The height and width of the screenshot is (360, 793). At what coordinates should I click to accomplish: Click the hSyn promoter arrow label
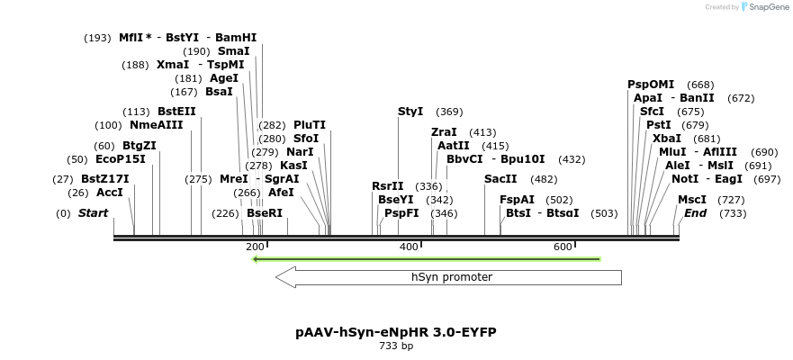[451, 277]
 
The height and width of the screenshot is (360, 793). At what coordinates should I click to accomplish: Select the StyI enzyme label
[410, 112]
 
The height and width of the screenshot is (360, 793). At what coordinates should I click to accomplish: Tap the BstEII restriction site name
[176, 112]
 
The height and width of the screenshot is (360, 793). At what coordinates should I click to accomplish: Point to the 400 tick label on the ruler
[409, 247]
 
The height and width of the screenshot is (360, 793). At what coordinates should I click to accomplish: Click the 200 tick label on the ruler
[255, 247]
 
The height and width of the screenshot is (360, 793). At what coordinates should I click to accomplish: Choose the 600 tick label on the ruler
[563, 247]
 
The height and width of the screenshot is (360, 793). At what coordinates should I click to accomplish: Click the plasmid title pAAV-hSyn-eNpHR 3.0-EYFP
[395, 332]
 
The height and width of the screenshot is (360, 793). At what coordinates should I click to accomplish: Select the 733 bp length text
[396, 346]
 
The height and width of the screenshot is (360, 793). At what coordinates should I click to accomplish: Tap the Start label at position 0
[93, 213]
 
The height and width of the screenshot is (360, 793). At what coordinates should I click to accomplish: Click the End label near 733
[695, 213]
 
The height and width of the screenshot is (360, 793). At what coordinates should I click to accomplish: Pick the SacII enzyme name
[500, 179]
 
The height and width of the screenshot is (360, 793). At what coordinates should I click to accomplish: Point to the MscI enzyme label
[692, 200]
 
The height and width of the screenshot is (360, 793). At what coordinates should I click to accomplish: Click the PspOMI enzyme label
[650, 85]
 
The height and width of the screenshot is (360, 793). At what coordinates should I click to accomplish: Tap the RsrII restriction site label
[388, 186]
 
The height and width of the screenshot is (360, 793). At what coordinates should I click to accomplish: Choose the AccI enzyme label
[110, 193]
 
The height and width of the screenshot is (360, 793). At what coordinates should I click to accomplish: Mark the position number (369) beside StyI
[449, 112]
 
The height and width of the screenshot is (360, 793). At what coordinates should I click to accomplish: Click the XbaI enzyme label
[667, 139]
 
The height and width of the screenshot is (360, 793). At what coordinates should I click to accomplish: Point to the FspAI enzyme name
[517, 200]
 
